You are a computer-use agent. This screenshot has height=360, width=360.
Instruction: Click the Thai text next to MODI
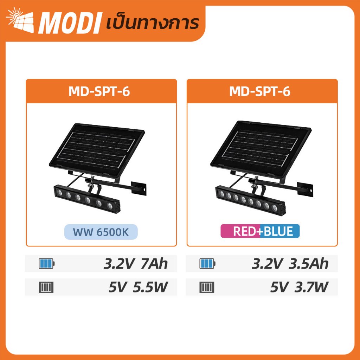[x=153, y=23]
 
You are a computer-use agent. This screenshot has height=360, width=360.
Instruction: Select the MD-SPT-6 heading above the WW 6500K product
[x=99, y=91]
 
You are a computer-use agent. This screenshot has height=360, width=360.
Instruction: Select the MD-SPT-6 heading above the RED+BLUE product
[x=260, y=91]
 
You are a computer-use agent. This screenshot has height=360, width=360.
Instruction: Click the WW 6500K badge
[x=101, y=232]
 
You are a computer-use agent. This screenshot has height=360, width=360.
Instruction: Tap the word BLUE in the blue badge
[x=278, y=231]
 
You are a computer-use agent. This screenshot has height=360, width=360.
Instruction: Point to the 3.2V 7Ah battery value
[x=136, y=264]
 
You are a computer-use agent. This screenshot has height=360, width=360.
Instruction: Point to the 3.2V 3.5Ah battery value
[x=290, y=264]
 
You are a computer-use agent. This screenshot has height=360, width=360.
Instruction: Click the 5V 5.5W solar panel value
[x=138, y=287]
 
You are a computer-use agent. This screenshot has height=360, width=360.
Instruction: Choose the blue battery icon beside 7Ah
[x=47, y=263]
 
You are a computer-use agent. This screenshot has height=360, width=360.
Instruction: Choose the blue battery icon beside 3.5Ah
[x=207, y=263]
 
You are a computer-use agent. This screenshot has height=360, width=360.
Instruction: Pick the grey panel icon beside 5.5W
[x=46, y=287]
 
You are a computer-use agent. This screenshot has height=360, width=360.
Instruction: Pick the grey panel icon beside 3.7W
[x=207, y=287]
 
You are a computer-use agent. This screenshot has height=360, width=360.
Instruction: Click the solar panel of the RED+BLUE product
[x=261, y=148]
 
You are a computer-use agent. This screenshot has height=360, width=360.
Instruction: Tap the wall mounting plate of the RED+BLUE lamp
[x=305, y=189]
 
